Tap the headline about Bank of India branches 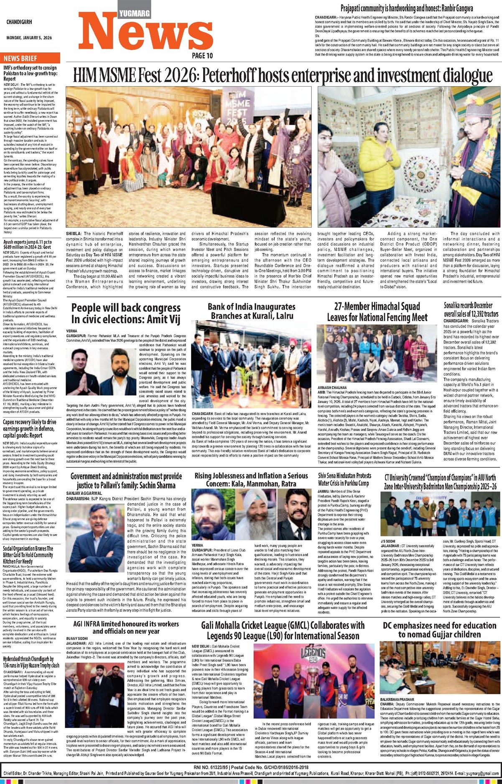[x=251, y=311]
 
